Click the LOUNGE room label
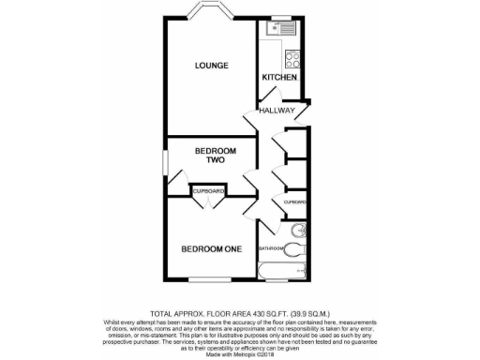coord(211,65)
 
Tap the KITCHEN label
coord(279,77)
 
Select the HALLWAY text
coord(277,111)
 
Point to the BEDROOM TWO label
coord(215,156)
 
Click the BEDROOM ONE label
coord(211,248)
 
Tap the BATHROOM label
coord(271,248)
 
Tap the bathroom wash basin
coord(299,230)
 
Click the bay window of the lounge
coord(211,12)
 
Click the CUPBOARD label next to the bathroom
coord(296,202)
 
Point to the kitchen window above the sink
coord(281,16)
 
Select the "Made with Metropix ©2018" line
coord(239,352)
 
